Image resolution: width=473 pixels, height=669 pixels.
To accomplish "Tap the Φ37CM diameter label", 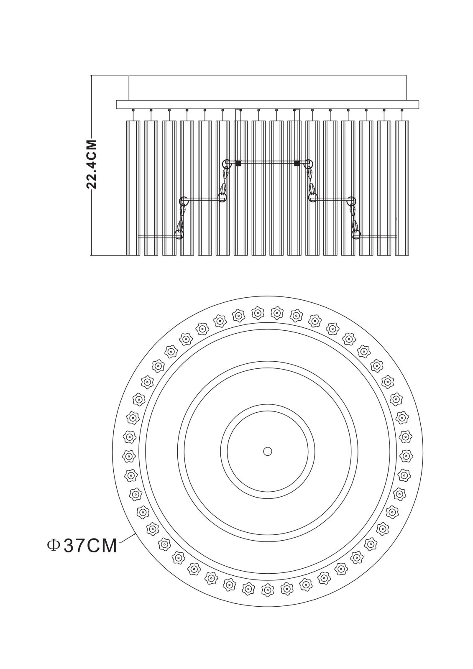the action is click(x=82, y=545).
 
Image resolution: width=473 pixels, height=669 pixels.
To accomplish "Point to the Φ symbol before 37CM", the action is click(x=53, y=545).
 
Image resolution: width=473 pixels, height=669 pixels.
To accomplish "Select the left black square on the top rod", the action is click(x=238, y=163).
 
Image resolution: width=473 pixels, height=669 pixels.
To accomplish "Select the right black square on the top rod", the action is click(x=297, y=163).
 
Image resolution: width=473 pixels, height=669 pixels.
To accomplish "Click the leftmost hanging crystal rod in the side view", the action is click(x=133, y=188).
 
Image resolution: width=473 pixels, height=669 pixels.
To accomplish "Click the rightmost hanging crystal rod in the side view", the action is click(x=402, y=188).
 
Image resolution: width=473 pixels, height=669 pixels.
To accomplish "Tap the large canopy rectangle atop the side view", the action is click(x=267, y=87).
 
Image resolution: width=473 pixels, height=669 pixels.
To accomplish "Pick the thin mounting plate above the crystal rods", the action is click(x=267, y=105).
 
